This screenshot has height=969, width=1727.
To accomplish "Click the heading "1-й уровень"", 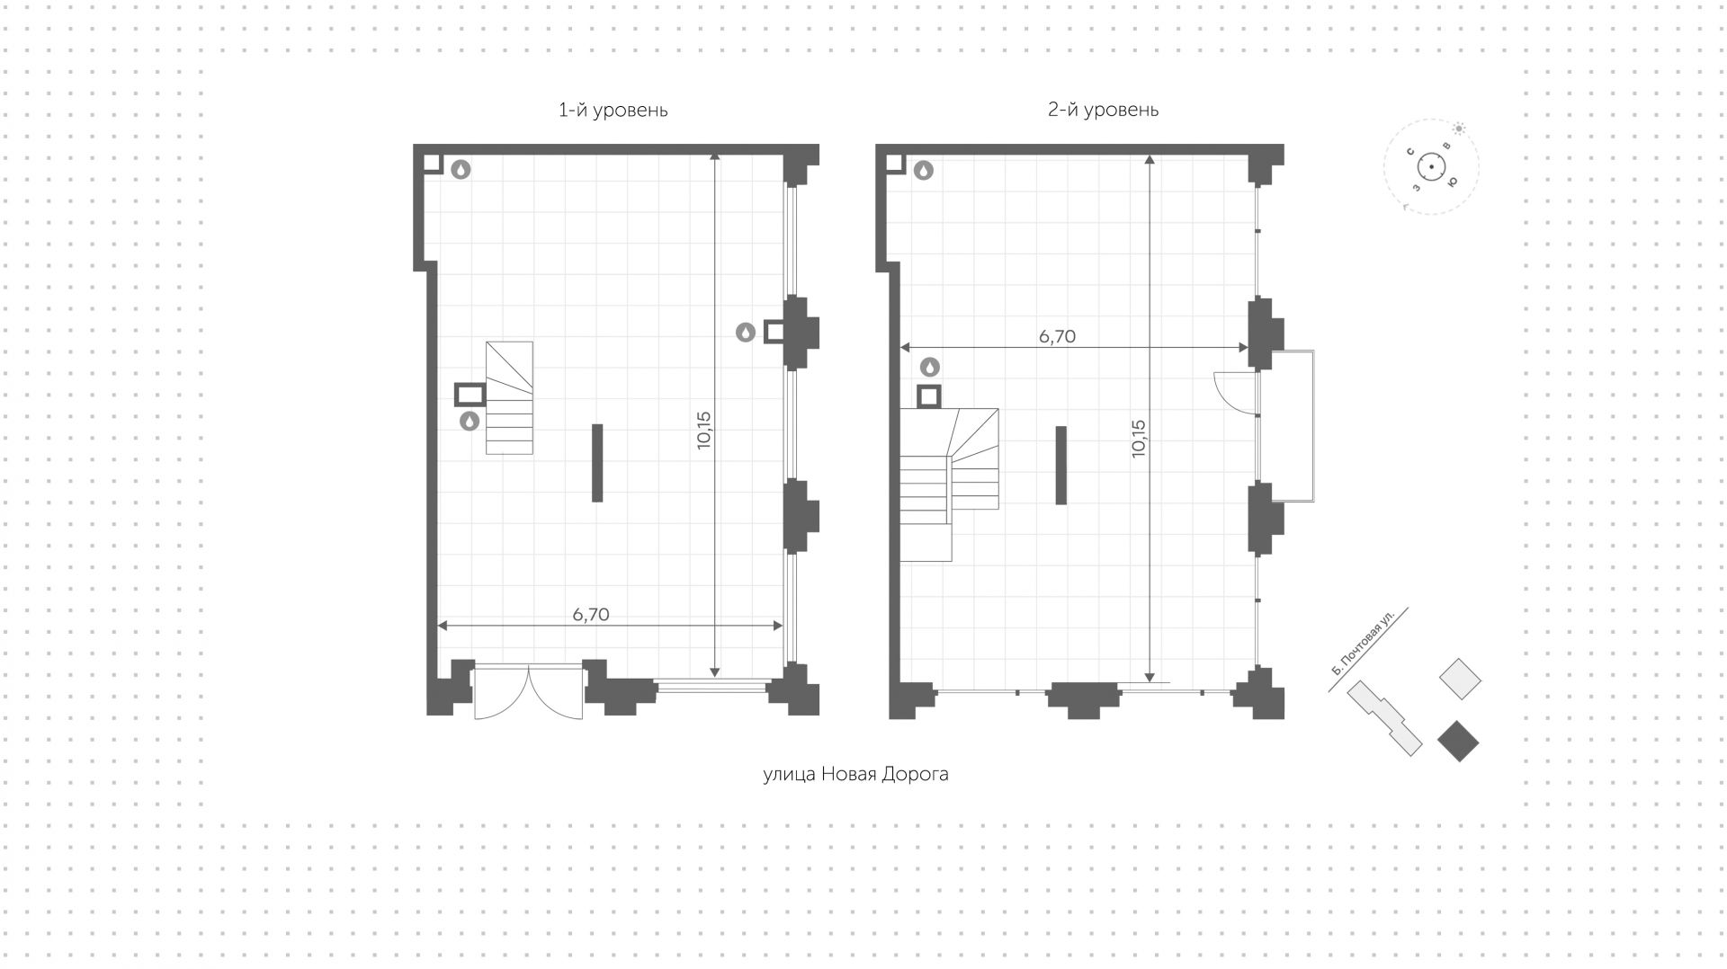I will click(x=613, y=111).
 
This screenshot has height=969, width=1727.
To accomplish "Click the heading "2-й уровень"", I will click(x=1103, y=110).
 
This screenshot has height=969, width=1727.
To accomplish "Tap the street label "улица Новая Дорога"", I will click(x=855, y=774).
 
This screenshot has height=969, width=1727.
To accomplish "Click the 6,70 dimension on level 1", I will click(x=591, y=615).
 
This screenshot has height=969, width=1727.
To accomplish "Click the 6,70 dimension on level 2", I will click(x=1057, y=337).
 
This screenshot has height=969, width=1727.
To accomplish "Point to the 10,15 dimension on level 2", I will click(x=1139, y=439).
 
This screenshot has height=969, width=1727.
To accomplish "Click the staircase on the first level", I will click(x=509, y=397).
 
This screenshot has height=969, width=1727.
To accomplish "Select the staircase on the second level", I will click(x=950, y=481).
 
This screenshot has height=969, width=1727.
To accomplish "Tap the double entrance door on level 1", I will click(x=528, y=692).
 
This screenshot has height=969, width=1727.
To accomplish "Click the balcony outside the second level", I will click(x=1287, y=426).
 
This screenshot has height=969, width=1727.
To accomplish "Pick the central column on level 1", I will click(x=597, y=463).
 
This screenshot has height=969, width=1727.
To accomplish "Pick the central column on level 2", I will click(x=1061, y=465).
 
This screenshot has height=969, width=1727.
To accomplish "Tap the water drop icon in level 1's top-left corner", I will click(x=461, y=169).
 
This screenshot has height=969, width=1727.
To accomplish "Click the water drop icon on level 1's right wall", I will click(x=746, y=333).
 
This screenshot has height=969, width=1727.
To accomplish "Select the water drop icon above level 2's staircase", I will click(x=930, y=367).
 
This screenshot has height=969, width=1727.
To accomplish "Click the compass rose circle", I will click(x=1430, y=167).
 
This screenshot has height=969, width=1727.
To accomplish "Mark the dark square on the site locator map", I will click(x=1458, y=741).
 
